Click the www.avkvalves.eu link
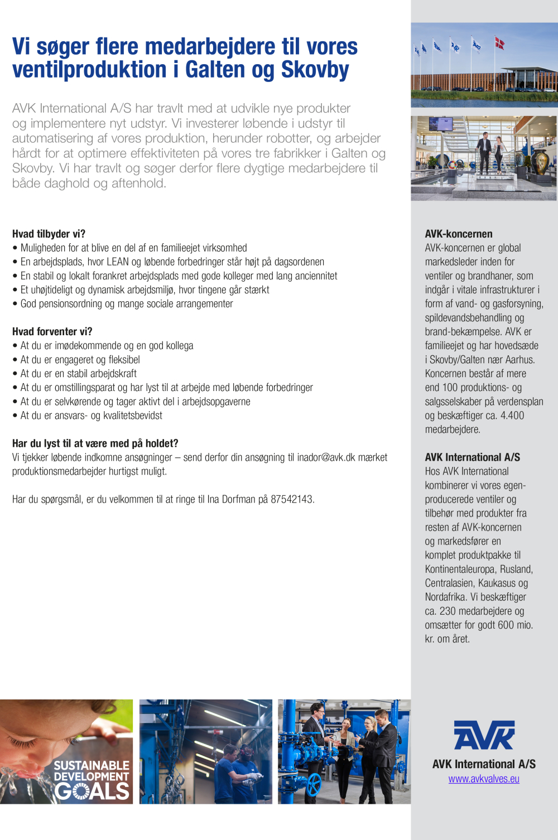click(x=484, y=779)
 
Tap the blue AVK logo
click(x=484, y=735)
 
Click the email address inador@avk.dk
click(x=326, y=457)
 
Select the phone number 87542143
click(x=292, y=499)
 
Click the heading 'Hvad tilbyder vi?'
click(x=49, y=234)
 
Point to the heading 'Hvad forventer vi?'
click(x=52, y=331)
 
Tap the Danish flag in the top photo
click(x=499, y=44)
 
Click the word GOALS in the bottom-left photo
click(x=92, y=791)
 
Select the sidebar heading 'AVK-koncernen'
click(x=459, y=234)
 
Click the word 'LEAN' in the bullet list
click(x=118, y=262)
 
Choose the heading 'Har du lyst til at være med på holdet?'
click(x=95, y=443)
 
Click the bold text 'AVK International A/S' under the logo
click(x=484, y=764)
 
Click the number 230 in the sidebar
click(x=448, y=611)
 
